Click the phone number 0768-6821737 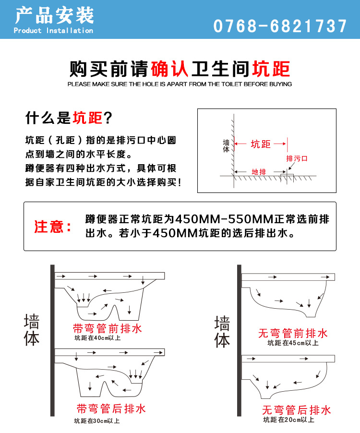(280, 26)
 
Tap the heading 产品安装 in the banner (53, 16)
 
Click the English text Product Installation (53, 31)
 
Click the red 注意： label (53, 227)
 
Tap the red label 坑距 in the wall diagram (261, 144)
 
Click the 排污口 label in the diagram (297, 158)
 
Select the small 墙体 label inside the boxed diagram (226, 146)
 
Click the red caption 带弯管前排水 (108, 329)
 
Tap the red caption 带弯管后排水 (111, 409)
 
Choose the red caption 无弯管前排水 (293, 333)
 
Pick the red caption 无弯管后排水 (296, 410)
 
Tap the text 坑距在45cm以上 (293, 343)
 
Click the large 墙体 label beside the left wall (32, 330)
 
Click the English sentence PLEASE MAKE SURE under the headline (180, 84)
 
